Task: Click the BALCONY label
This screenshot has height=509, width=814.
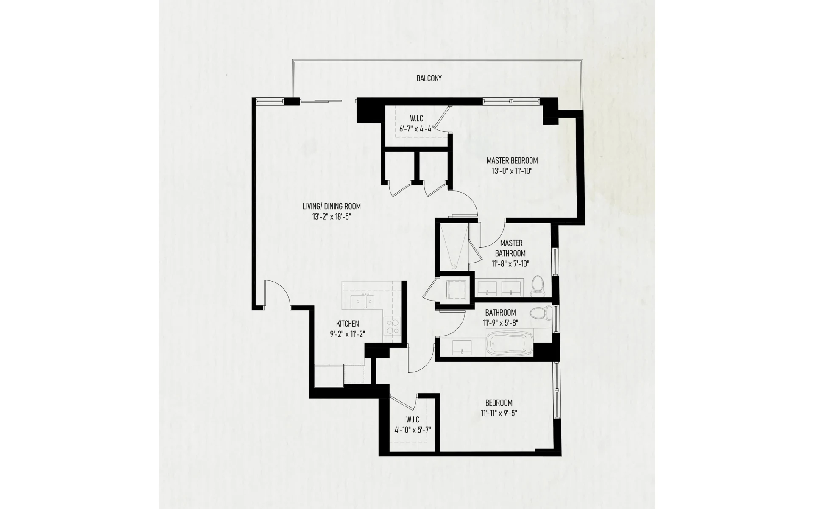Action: (429, 78)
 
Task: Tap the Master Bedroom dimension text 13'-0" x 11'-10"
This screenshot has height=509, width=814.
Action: (512, 171)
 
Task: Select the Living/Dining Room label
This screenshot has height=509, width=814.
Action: (332, 206)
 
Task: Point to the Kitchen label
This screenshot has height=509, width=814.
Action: (347, 323)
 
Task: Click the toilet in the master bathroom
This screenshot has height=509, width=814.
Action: (538, 285)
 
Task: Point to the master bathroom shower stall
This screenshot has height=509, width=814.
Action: (454, 246)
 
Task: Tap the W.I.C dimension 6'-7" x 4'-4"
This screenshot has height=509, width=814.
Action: (416, 128)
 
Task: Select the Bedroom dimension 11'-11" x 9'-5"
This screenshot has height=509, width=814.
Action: (499, 413)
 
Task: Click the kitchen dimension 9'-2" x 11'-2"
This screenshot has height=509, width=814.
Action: (347, 334)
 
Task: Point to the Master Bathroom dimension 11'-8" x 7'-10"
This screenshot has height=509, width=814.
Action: (511, 263)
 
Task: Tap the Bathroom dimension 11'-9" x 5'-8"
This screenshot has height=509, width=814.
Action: (500, 323)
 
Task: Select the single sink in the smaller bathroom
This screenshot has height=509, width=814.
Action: (462, 347)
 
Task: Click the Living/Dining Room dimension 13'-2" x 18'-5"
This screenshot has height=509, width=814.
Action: (332, 217)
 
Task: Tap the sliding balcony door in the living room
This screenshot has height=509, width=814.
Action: (321, 101)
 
